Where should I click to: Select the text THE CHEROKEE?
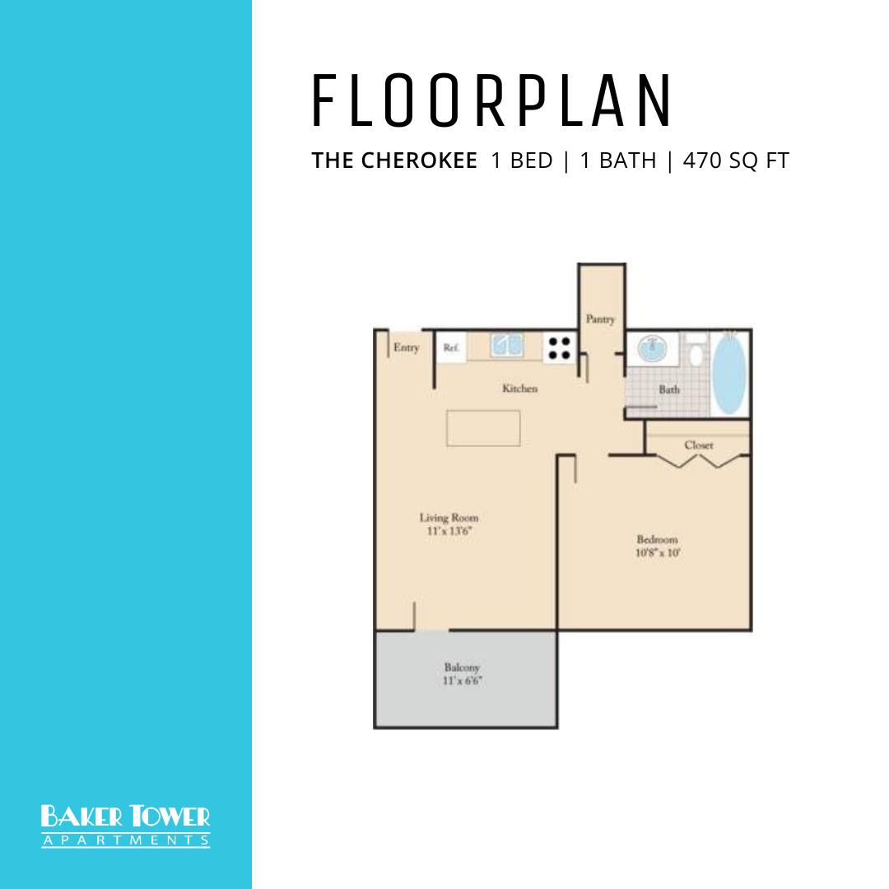(x=394, y=161)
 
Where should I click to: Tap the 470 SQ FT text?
(x=736, y=161)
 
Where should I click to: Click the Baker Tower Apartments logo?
(x=125, y=826)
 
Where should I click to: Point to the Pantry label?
(x=600, y=319)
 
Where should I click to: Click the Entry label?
(x=406, y=347)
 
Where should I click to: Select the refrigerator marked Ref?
(x=451, y=347)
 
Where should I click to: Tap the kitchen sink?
(x=506, y=345)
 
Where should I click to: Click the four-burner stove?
(x=560, y=347)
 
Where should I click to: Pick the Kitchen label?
(x=520, y=389)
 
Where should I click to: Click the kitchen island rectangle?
(x=483, y=428)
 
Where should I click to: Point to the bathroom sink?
(x=652, y=347)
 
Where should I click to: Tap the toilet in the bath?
(x=696, y=351)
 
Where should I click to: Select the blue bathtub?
(x=728, y=373)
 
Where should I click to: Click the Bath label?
(x=669, y=389)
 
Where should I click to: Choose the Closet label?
(x=699, y=445)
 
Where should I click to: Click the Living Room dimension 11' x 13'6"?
(x=449, y=531)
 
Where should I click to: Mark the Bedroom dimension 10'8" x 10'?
(x=658, y=553)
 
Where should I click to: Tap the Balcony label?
(x=462, y=668)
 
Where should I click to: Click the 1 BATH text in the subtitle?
(x=618, y=161)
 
